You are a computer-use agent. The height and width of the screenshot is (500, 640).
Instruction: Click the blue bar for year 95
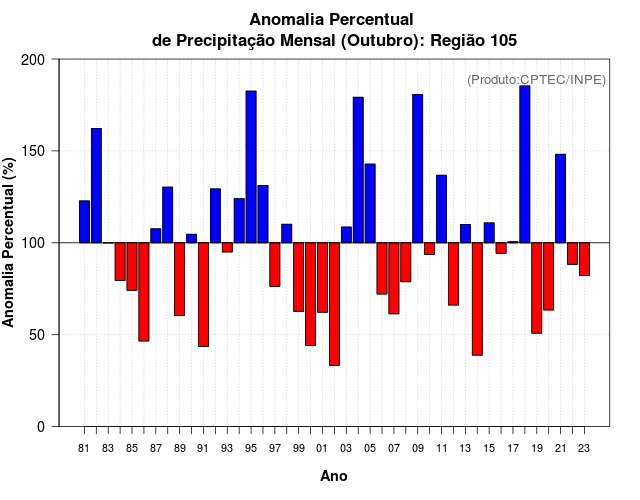click(x=251, y=167)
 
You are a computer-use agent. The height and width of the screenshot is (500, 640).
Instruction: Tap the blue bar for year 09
click(x=417, y=168)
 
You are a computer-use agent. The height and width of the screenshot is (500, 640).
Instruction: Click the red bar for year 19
click(x=536, y=288)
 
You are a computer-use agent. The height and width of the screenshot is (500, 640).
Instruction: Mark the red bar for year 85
click(x=132, y=266)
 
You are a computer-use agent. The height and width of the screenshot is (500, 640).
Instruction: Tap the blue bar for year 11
click(x=441, y=209)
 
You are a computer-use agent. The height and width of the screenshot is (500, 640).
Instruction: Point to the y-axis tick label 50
click(x=37, y=335)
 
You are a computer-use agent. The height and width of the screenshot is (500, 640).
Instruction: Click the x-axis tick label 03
click(x=346, y=449)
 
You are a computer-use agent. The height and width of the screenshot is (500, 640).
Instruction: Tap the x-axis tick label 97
click(x=275, y=449)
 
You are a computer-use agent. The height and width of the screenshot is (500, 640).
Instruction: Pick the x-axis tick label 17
click(x=513, y=449)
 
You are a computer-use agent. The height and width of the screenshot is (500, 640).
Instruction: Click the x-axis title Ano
click(x=334, y=477)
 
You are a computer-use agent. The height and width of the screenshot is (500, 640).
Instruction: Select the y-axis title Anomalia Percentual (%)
click(x=10, y=243)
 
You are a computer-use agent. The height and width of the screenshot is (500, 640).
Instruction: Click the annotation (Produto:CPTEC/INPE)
click(x=536, y=80)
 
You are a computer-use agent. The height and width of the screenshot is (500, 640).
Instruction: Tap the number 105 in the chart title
click(x=498, y=40)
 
